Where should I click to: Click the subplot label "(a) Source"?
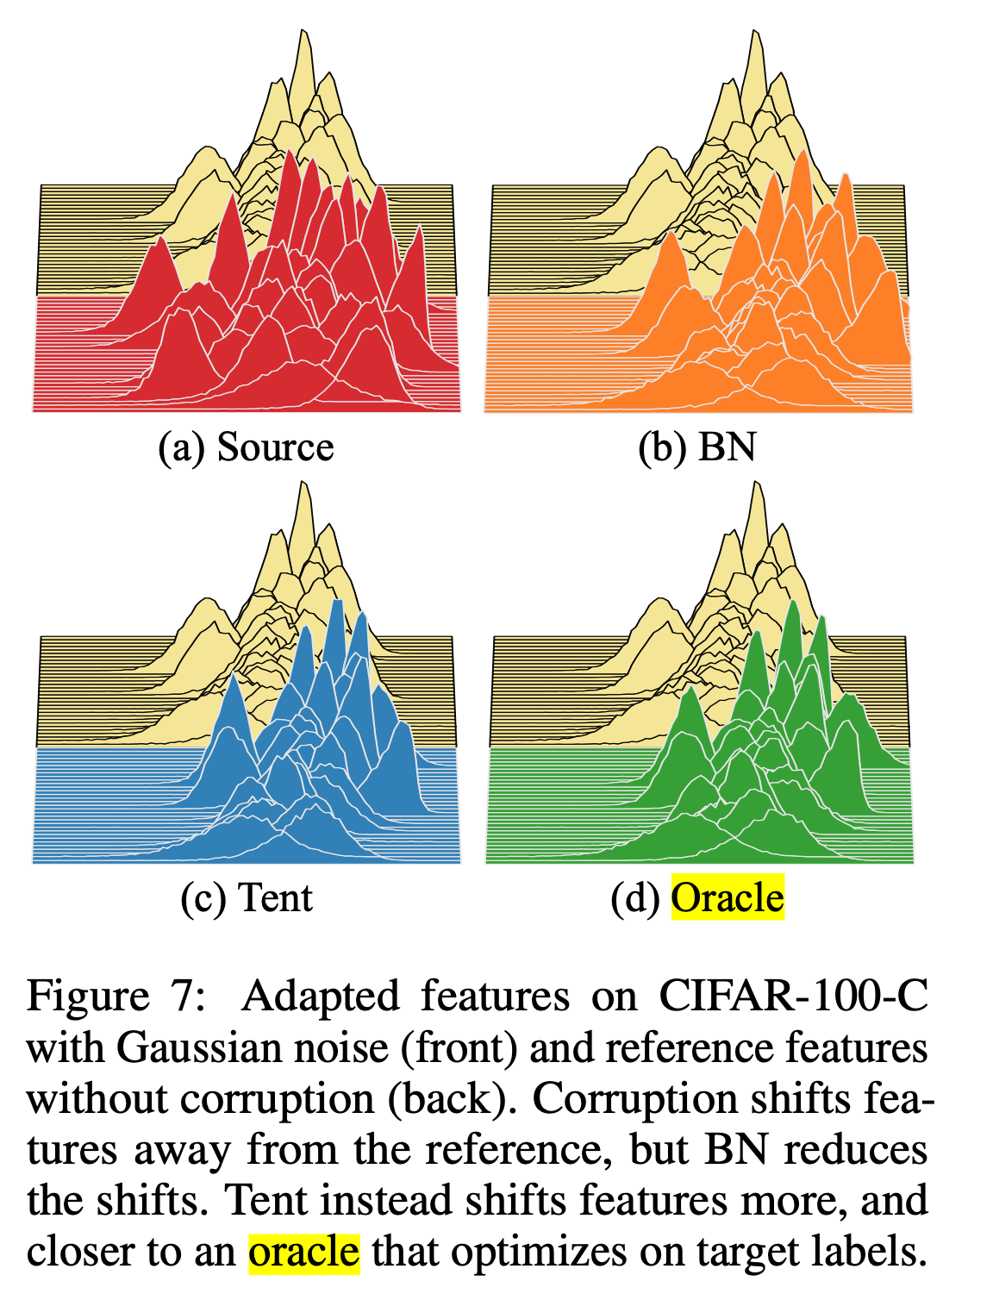click(x=246, y=447)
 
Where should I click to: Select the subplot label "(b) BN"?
click(x=696, y=447)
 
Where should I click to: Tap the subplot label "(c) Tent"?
click(x=247, y=897)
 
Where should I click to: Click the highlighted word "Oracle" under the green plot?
click(x=728, y=897)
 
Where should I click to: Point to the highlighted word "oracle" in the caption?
click(x=303, y=1251)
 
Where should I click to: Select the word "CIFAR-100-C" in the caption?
click(x=794, y=996)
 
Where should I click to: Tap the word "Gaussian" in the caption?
click(x=203, y=1047)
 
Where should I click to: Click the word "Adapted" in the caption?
click(x=320, y=996)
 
